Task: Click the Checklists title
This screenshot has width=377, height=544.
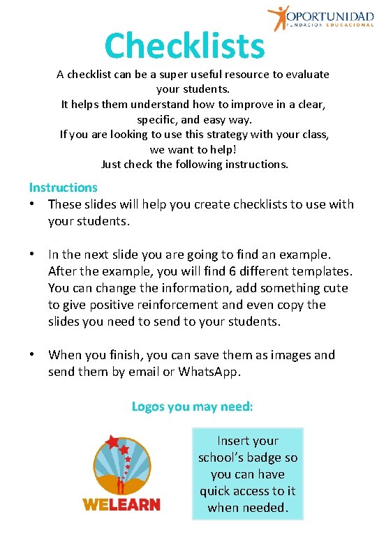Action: [x=185, y=46]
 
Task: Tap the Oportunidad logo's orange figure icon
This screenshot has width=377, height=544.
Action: [x=278, y=17]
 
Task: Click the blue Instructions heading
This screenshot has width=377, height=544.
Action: [x=63, y=187]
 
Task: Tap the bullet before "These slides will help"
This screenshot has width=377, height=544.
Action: [x=33, y=204]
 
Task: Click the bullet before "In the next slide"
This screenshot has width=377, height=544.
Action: [x=33, y=255]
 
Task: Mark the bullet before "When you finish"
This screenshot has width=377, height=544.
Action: [x=33, y=355]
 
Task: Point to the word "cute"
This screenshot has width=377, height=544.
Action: [x=334, y=288]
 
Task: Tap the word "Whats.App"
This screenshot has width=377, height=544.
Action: [x=209, y=372]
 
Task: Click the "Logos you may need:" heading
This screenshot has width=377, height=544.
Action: [x=192, y=406]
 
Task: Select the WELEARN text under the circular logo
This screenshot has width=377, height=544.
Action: [x=121, y=504]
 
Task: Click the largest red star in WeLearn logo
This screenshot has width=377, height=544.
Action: [x=112, y=441]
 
